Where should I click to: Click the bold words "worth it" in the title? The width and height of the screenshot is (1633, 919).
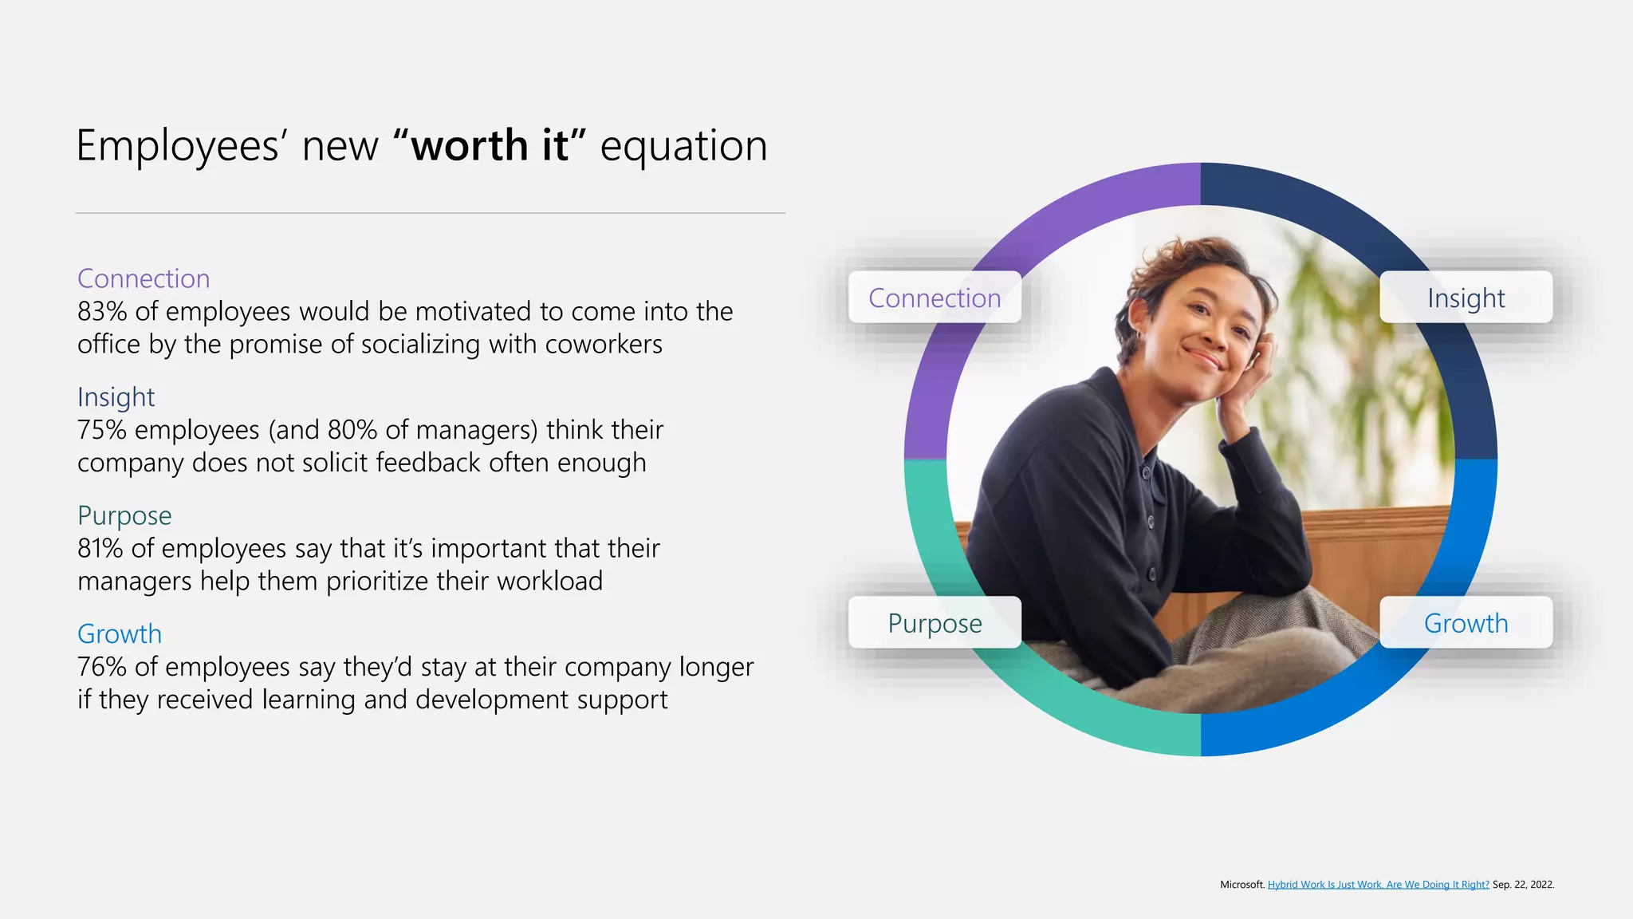pos(490,146)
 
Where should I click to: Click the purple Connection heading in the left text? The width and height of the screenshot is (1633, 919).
pos(144,278)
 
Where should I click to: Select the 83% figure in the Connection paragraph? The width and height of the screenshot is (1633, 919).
pos(101,311)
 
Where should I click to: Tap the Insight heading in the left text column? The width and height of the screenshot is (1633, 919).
pos(116,396)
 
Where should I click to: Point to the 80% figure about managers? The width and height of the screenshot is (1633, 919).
pos(352,430)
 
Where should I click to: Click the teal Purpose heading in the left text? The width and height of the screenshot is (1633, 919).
pos(124,515)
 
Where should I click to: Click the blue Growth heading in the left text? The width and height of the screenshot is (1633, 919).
pos(120,633)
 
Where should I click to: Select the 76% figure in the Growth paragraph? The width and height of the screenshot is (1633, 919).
pos(101,667)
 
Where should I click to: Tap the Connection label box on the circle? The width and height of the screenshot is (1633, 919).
pos(935,298)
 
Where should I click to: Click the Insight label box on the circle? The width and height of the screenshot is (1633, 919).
pos(1466,298)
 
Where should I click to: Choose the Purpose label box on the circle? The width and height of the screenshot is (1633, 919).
pos(935,623)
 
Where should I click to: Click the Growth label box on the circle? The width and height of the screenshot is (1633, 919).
pos(1466,623)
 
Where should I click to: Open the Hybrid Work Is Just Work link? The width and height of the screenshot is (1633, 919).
pos(1378,884)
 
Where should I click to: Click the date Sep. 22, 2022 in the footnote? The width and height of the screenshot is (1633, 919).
pos(1523,884)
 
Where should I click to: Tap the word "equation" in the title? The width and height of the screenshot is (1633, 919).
pos(683,146)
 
